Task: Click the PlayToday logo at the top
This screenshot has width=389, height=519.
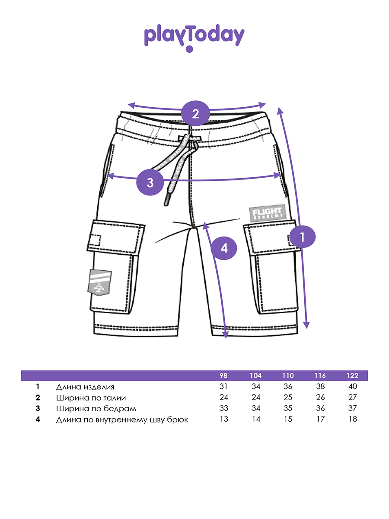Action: pyautogui.click(x=194, y=37)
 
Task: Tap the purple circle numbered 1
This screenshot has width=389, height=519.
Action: pyautogui.click(x=303, y=237)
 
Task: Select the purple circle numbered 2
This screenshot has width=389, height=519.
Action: pyautogui.click(x=195, y=114)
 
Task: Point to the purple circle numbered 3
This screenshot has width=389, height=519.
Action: pyautogui.click(x=150, y=182)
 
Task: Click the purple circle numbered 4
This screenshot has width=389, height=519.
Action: pyautogui.click(x=224, y=248)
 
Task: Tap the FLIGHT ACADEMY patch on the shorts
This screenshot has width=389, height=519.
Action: pyautogui.click(x=268, y=213)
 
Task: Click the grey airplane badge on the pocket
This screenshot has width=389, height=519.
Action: pyautogui.click(x=100, y=282)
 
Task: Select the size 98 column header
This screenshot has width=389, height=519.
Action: pyautogui.click(x=223, y=375)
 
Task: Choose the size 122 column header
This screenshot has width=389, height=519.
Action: pyautogui.click(x=353, y=375)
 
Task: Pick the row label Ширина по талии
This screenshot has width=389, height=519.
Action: pyautogui.click(x=91, y=398)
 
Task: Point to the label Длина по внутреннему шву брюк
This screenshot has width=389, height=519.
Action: pyautogui.click(x=122, y=420)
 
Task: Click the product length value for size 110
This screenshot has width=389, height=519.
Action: pyautogui.click(x=288, y=387)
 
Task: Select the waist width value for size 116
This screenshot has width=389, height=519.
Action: pyautogui.click(x=320, y=398)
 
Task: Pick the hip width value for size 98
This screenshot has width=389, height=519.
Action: pyautogui.click(x=223, y=409)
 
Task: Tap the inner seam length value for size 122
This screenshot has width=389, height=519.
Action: pyautogui.click(x=353, y=420)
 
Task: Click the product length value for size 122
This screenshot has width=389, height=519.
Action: pyautogui.click(x=353, y=387)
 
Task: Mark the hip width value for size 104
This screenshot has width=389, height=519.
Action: pyautogui.click(x=256, y=409)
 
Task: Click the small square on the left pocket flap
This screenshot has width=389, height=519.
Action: pyautogui.click(x=95, y=239)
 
